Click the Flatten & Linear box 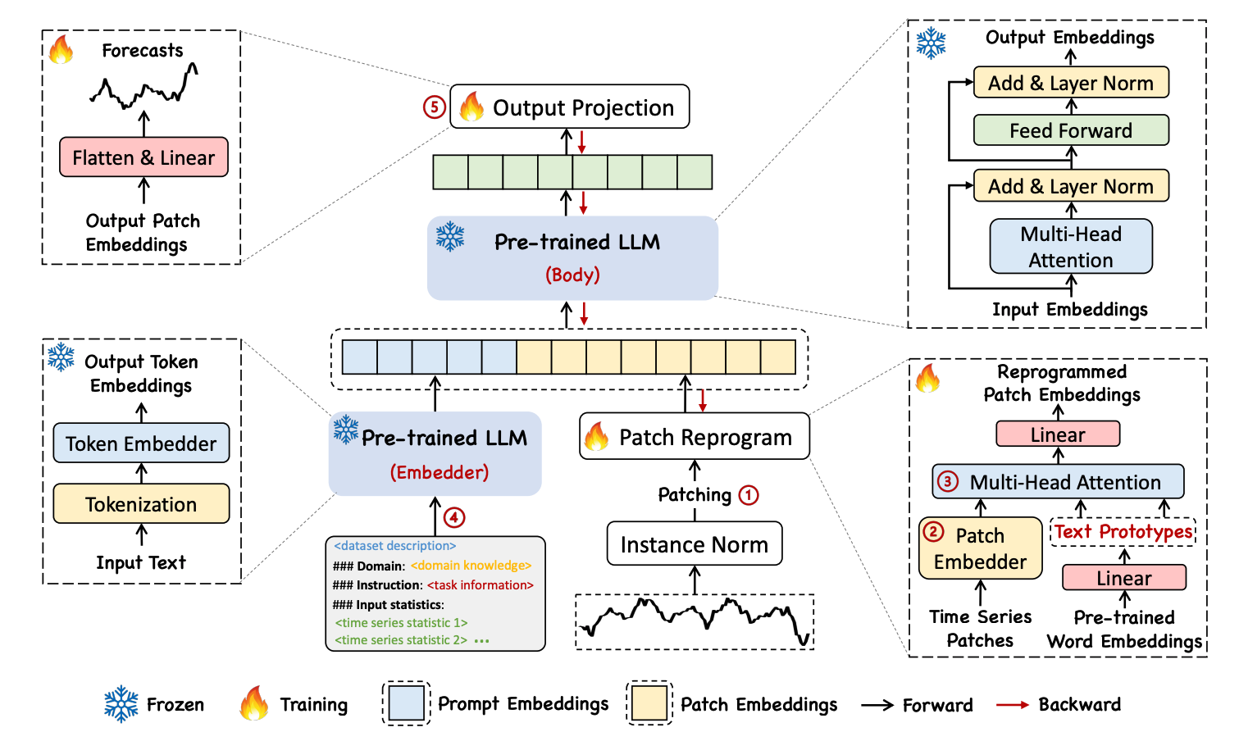coord(143,157)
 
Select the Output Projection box coord(570,107)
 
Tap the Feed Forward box coord(1071,130)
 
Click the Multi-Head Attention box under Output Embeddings coord(1071,247)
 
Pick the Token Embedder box coord(141,443)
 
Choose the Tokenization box coord(141,503)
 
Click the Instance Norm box coord(695,544)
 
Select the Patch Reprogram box coord(695,436)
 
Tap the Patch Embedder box coord(980,548)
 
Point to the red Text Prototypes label coord(1123,532)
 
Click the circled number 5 coord(435,107)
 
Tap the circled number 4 coord(454,518)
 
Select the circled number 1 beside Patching coord(749,495)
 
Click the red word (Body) coord(572,275)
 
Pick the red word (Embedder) coord(440,472)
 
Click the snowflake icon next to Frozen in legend coord(121,704)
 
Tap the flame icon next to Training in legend coord(254,702)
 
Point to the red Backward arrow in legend coord(1012,704)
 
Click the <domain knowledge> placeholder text coord(471,566)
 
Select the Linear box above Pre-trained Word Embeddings coord(1124,578)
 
